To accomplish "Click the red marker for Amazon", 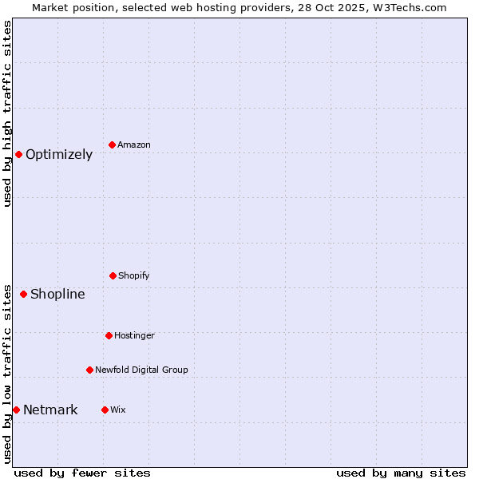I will coord(113,144).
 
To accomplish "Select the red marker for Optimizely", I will coord(18,154).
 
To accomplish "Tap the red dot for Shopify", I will coord(113,275).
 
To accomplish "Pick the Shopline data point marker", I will coord(23,294).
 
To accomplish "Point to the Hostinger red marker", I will coord(109,335).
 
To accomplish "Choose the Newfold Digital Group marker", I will coord(89,370).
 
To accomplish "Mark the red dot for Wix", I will coord(105,410).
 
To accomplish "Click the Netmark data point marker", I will coord(16,410).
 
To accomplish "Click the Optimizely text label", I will coord(59,155).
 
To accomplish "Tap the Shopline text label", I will coord(57,295).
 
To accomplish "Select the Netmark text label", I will coord(50,410).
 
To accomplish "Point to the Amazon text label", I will coord(134,145).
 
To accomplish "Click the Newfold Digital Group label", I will coord(141,370).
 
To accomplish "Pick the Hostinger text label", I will coord(134,336).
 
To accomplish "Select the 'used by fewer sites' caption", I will coord(82,473).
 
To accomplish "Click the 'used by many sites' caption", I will coord(401,473).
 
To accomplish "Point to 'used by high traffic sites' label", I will coord(7,113).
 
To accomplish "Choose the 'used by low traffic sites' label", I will coord(7,374).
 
